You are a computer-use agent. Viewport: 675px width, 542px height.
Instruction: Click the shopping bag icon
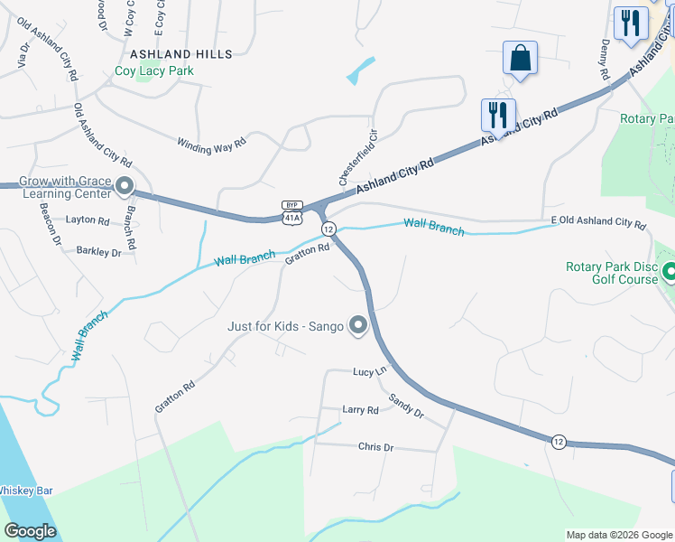(520, 59)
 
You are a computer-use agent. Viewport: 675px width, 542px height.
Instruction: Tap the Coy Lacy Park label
(155, 70)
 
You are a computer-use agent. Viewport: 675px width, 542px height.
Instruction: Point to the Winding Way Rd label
(211, 144)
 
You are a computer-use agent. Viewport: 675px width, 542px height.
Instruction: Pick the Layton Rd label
(88, 220)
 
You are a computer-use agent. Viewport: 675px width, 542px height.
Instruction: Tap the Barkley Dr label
(98, 252)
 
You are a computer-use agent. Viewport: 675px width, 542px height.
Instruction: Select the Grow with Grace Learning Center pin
(125, 187)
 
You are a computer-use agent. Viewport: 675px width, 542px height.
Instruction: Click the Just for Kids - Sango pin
(358, 324)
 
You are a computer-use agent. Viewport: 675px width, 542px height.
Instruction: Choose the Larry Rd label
(360, 410)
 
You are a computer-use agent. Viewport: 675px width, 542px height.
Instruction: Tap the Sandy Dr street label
(406, 406)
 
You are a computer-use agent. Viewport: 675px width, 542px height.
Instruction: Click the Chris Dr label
(376, 447)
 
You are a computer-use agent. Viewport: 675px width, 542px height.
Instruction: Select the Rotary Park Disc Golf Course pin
(669, 272)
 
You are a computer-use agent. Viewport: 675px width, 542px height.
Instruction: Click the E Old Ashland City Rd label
(599, 222)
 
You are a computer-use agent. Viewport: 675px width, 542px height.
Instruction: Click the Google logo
(30, 531)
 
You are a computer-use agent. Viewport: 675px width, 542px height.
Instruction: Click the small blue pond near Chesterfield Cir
(361, 70)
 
